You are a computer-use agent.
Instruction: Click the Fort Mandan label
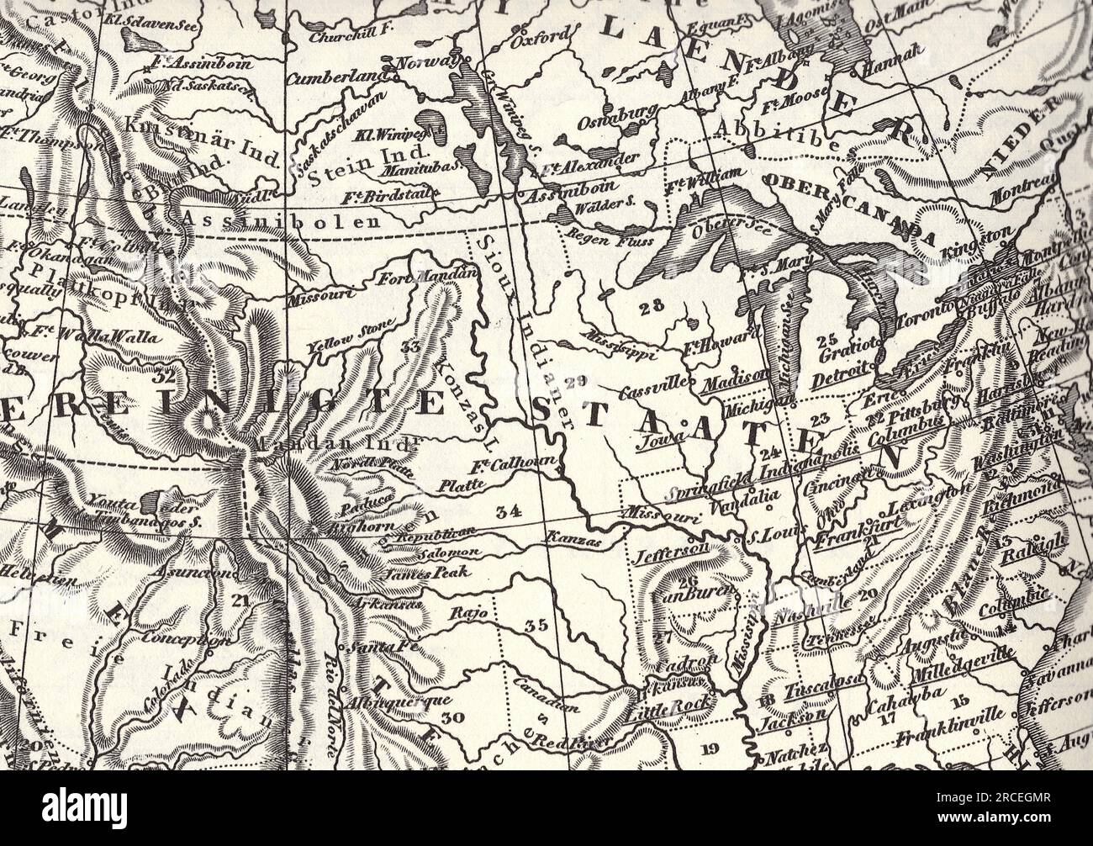pyautogui.click(x=428, y=277)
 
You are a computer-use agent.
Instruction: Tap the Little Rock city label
pyautogui.click(x=668, y=706)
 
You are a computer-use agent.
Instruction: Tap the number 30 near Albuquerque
pyautogui.click(x=452, y=717)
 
